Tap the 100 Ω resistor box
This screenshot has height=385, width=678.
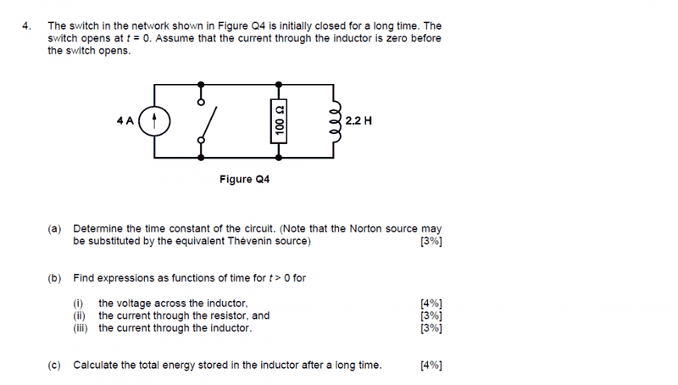coord(279,121)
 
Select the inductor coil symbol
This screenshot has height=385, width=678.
coord(336,121)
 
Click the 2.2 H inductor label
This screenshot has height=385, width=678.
coord(358,120)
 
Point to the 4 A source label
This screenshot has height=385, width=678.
coord(125,120)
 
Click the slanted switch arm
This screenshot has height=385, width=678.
coord(208,123)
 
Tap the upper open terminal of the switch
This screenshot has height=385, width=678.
coord(201,103)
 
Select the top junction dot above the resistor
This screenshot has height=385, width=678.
coord(279,84)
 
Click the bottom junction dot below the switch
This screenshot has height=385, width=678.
coord(201,158)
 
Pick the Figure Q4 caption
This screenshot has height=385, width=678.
coord(245,179)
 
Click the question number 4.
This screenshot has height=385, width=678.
coord(26,26)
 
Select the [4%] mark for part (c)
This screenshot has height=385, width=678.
coord(431,365)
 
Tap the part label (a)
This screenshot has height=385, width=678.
coord(54,228)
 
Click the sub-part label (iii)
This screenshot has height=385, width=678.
coord(81,328)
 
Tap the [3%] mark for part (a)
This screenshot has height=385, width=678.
coord(431,241)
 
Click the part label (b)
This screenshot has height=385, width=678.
coord(54,277)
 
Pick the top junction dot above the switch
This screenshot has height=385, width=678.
coord(201,84)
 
